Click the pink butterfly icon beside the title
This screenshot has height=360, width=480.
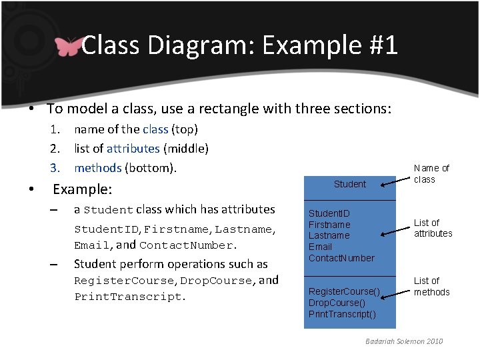[68, 46]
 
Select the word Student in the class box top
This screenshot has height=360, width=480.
[350, 184]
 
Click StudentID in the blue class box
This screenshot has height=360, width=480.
[329, 213]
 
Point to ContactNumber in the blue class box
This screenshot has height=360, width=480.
[341, 258]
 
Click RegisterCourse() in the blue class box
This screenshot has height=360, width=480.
[344, 291]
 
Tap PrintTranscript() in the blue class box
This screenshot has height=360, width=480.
[342, 314]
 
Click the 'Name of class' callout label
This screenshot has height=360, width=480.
[431, 174]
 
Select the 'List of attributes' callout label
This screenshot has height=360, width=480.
[433, 228]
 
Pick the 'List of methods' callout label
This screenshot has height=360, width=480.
[431, 286]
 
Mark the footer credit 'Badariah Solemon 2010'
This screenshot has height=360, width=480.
[404, 341]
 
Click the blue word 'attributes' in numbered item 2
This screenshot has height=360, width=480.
[133, 149]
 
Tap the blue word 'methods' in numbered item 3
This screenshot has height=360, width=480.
[98, 167]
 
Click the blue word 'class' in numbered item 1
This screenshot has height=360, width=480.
[155, 129]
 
